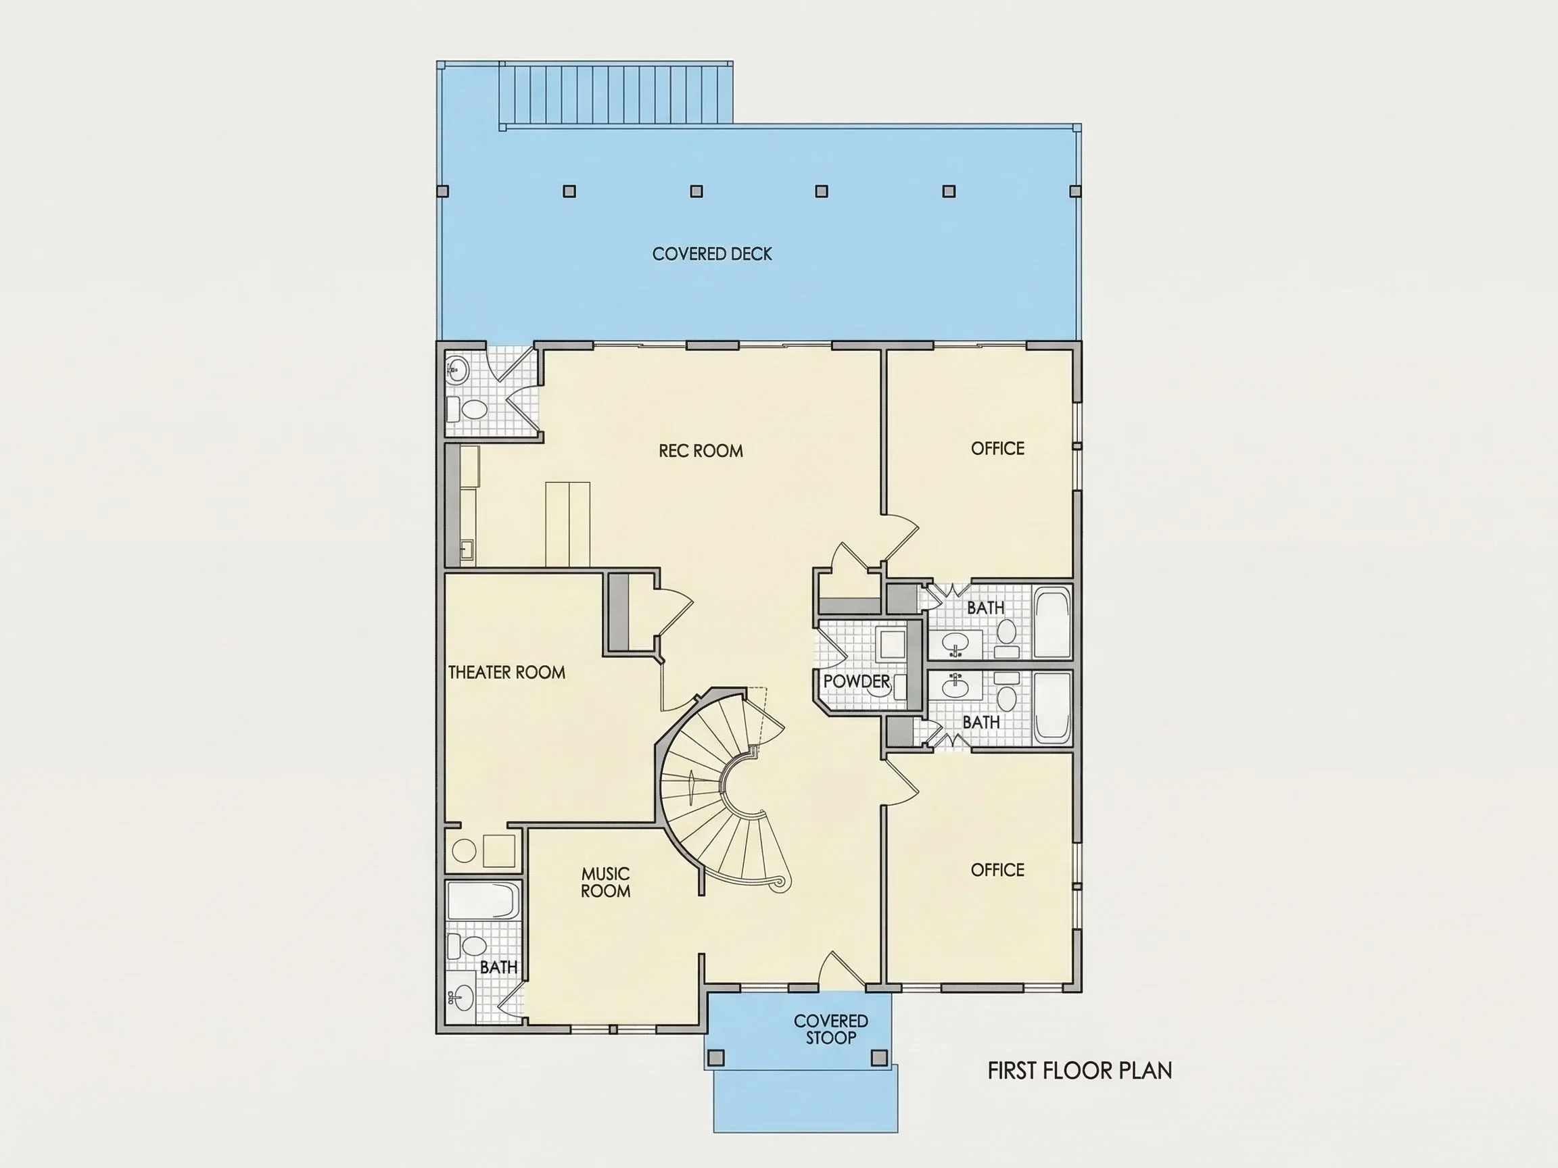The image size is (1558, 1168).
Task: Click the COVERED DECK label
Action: pyautogui.click(x=712, y=254)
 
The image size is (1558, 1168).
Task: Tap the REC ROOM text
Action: pyautogui.click(x=701, y=451)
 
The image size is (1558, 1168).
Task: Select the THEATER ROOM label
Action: pyautogui.click(x=507, y=673)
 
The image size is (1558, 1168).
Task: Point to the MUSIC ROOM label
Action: pyautogui.click(x=606, y=882)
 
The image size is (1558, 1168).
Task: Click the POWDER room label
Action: pyautogui.click(x=857, y=681)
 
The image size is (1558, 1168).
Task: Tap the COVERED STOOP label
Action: pyautogui.click(x=831, y=1029)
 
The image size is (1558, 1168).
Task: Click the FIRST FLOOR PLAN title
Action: pyautogui.click(x=1080, y=1071)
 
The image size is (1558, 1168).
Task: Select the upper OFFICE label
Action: pyautogui.click(x=997, y=448)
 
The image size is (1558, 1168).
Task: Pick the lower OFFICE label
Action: pyautogui.click(x=997, y=870)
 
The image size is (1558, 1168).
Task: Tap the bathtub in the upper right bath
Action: pyautogui.click(x=1052, y=623)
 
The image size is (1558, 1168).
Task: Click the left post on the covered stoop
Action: pyautogui.click(x=715, y=1057)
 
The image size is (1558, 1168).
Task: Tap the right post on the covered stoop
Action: pyautogui.click(x=879, y=1057)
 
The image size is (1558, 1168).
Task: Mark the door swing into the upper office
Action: pyautogui.click(x=901, y=537)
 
